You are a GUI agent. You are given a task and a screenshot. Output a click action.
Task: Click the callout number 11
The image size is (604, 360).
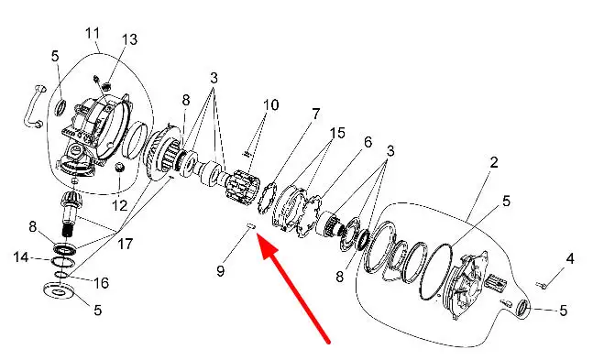93,33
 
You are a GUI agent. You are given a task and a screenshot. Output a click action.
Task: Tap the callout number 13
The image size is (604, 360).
129,39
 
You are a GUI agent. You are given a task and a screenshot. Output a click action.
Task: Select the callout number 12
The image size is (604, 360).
120,205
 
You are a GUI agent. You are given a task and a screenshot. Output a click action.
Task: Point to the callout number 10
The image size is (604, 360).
270,104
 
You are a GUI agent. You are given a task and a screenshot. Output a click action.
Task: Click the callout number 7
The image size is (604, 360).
315,114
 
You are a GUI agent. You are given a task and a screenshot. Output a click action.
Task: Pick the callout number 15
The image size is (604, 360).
337,133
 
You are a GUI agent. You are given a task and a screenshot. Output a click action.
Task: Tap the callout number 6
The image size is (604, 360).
368,143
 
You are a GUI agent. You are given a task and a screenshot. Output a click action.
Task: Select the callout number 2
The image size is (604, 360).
494,162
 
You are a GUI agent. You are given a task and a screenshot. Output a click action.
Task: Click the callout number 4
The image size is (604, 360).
570,258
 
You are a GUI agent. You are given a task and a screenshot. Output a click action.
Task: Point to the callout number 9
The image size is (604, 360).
220,271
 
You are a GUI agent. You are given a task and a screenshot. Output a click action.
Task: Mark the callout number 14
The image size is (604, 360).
21,257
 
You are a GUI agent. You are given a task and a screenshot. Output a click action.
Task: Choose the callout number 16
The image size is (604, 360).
102,283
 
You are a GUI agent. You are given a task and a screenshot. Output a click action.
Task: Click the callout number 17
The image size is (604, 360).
126,244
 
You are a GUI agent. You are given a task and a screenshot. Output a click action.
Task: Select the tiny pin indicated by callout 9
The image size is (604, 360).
249,225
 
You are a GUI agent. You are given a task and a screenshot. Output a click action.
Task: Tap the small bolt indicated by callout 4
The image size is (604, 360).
541,285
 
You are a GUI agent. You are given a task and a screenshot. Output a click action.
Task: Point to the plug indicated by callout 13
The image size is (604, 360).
108,86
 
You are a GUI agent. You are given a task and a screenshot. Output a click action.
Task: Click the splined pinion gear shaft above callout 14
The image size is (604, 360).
69,211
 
